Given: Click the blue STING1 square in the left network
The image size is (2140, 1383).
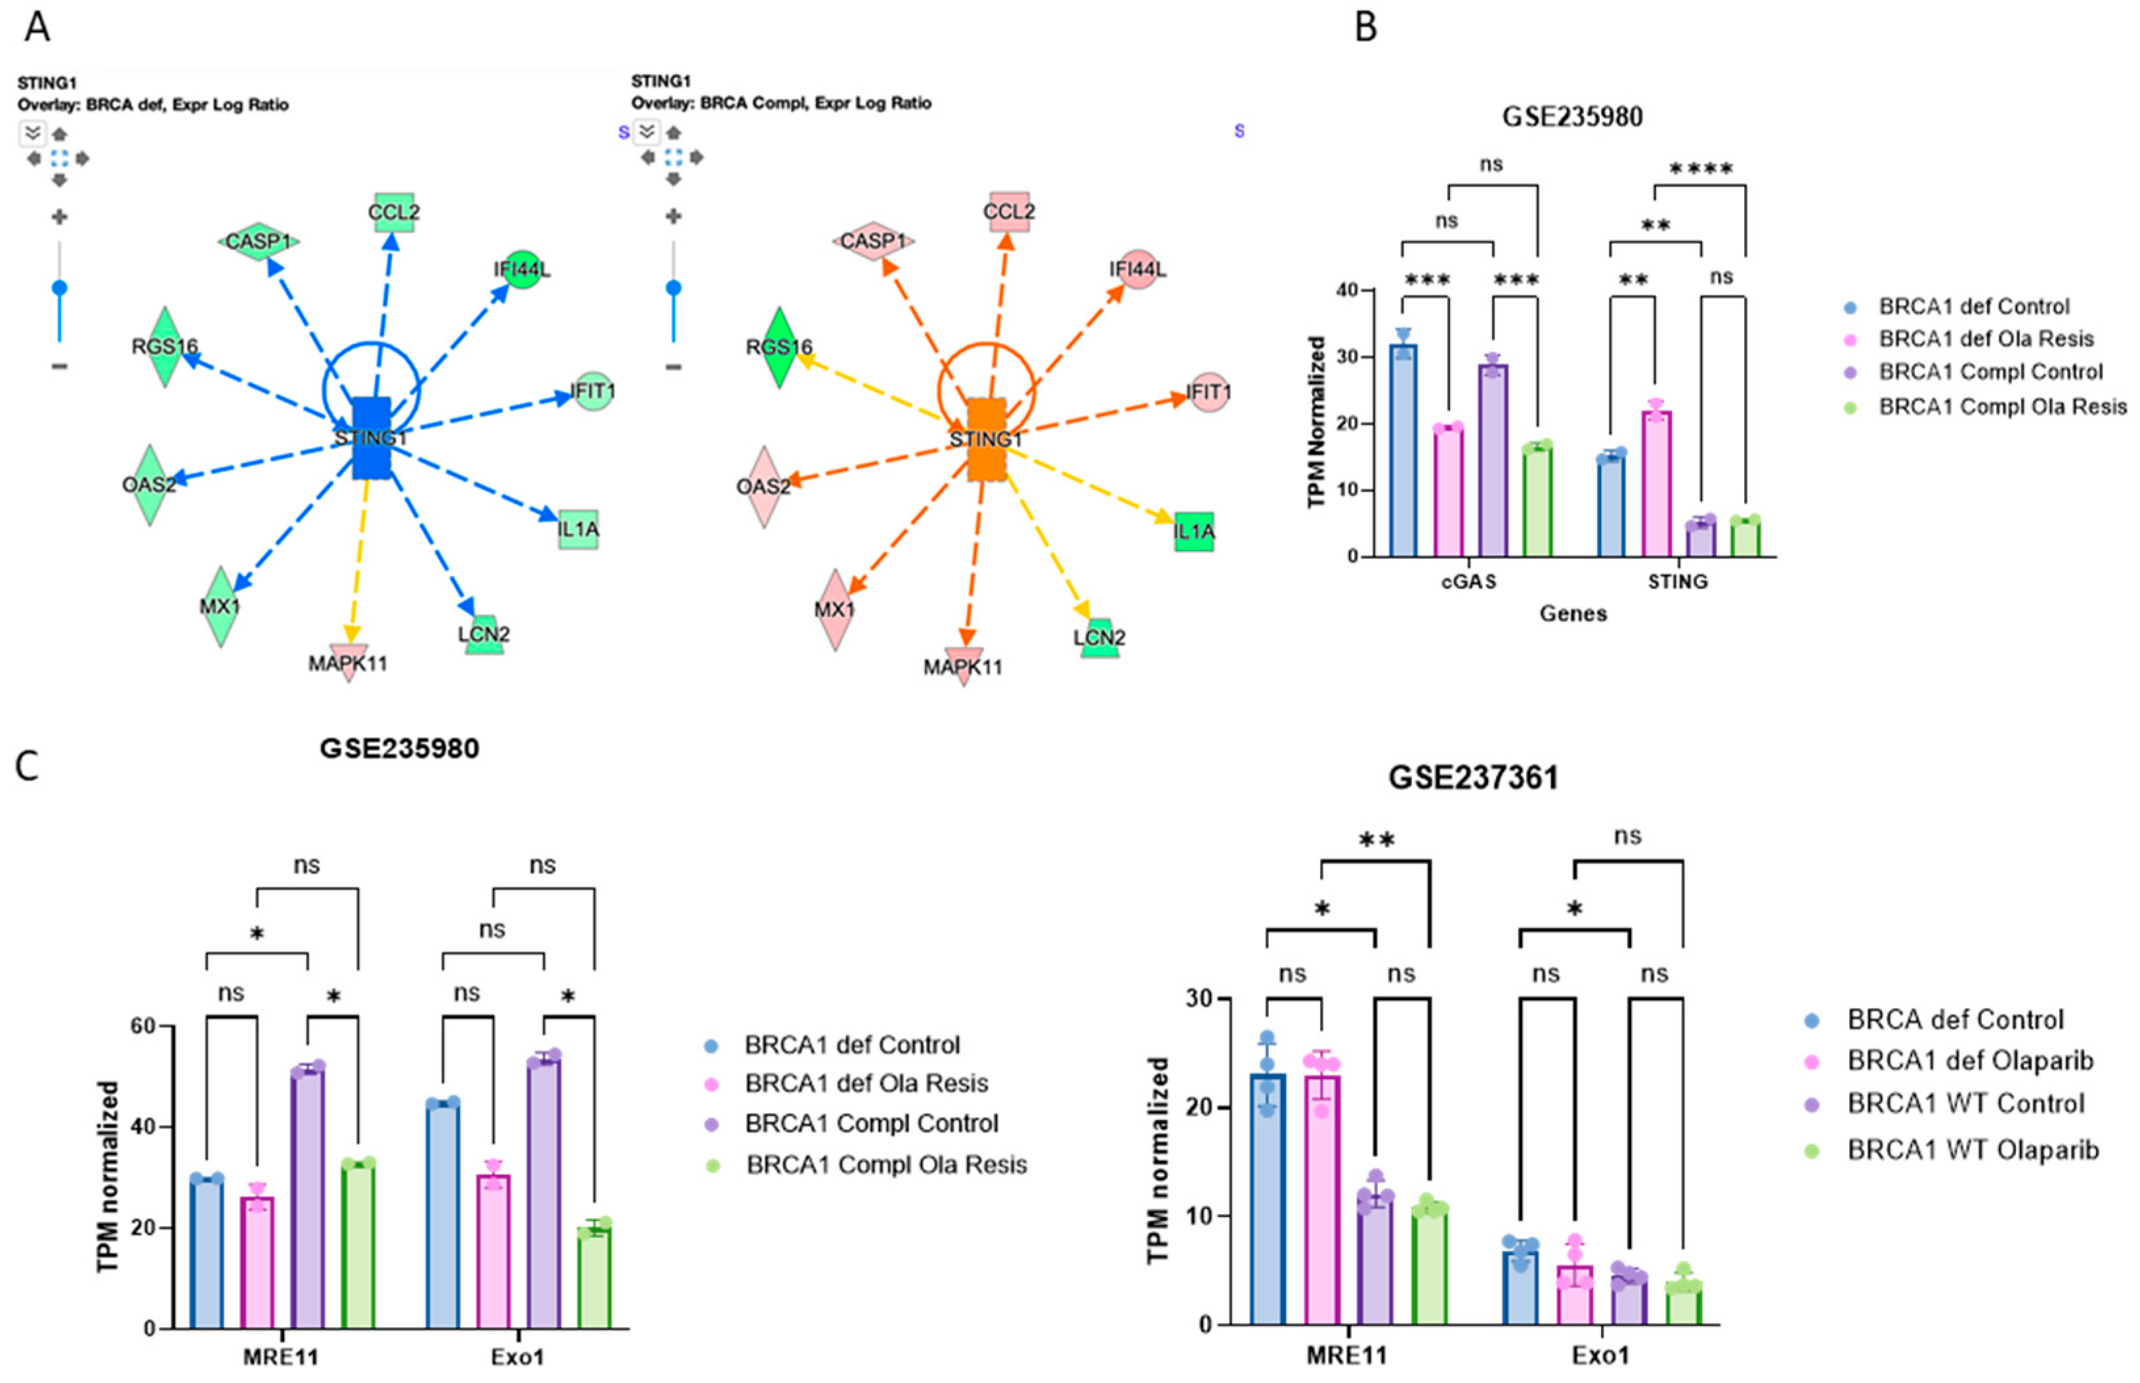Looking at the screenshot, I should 371,438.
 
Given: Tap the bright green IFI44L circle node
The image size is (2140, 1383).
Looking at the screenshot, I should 522,270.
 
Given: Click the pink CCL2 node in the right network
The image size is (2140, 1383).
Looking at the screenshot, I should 1009,211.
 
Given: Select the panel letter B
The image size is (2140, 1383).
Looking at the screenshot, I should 1365,27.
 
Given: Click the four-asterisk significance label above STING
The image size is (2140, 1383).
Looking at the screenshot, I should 1701,169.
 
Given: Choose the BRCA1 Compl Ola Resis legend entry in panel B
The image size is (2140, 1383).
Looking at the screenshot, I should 2001,407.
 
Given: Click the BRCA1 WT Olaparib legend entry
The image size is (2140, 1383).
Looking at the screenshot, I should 1972,1149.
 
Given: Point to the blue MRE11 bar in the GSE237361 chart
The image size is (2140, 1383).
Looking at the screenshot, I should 1267,1198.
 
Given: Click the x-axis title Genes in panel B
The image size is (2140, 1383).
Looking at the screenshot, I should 1572,613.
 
